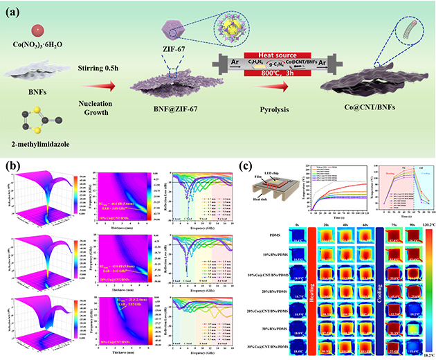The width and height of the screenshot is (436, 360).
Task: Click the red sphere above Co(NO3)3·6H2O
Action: [x=39, y=30]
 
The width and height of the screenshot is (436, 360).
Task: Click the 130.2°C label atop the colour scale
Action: [x=422, y=225]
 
